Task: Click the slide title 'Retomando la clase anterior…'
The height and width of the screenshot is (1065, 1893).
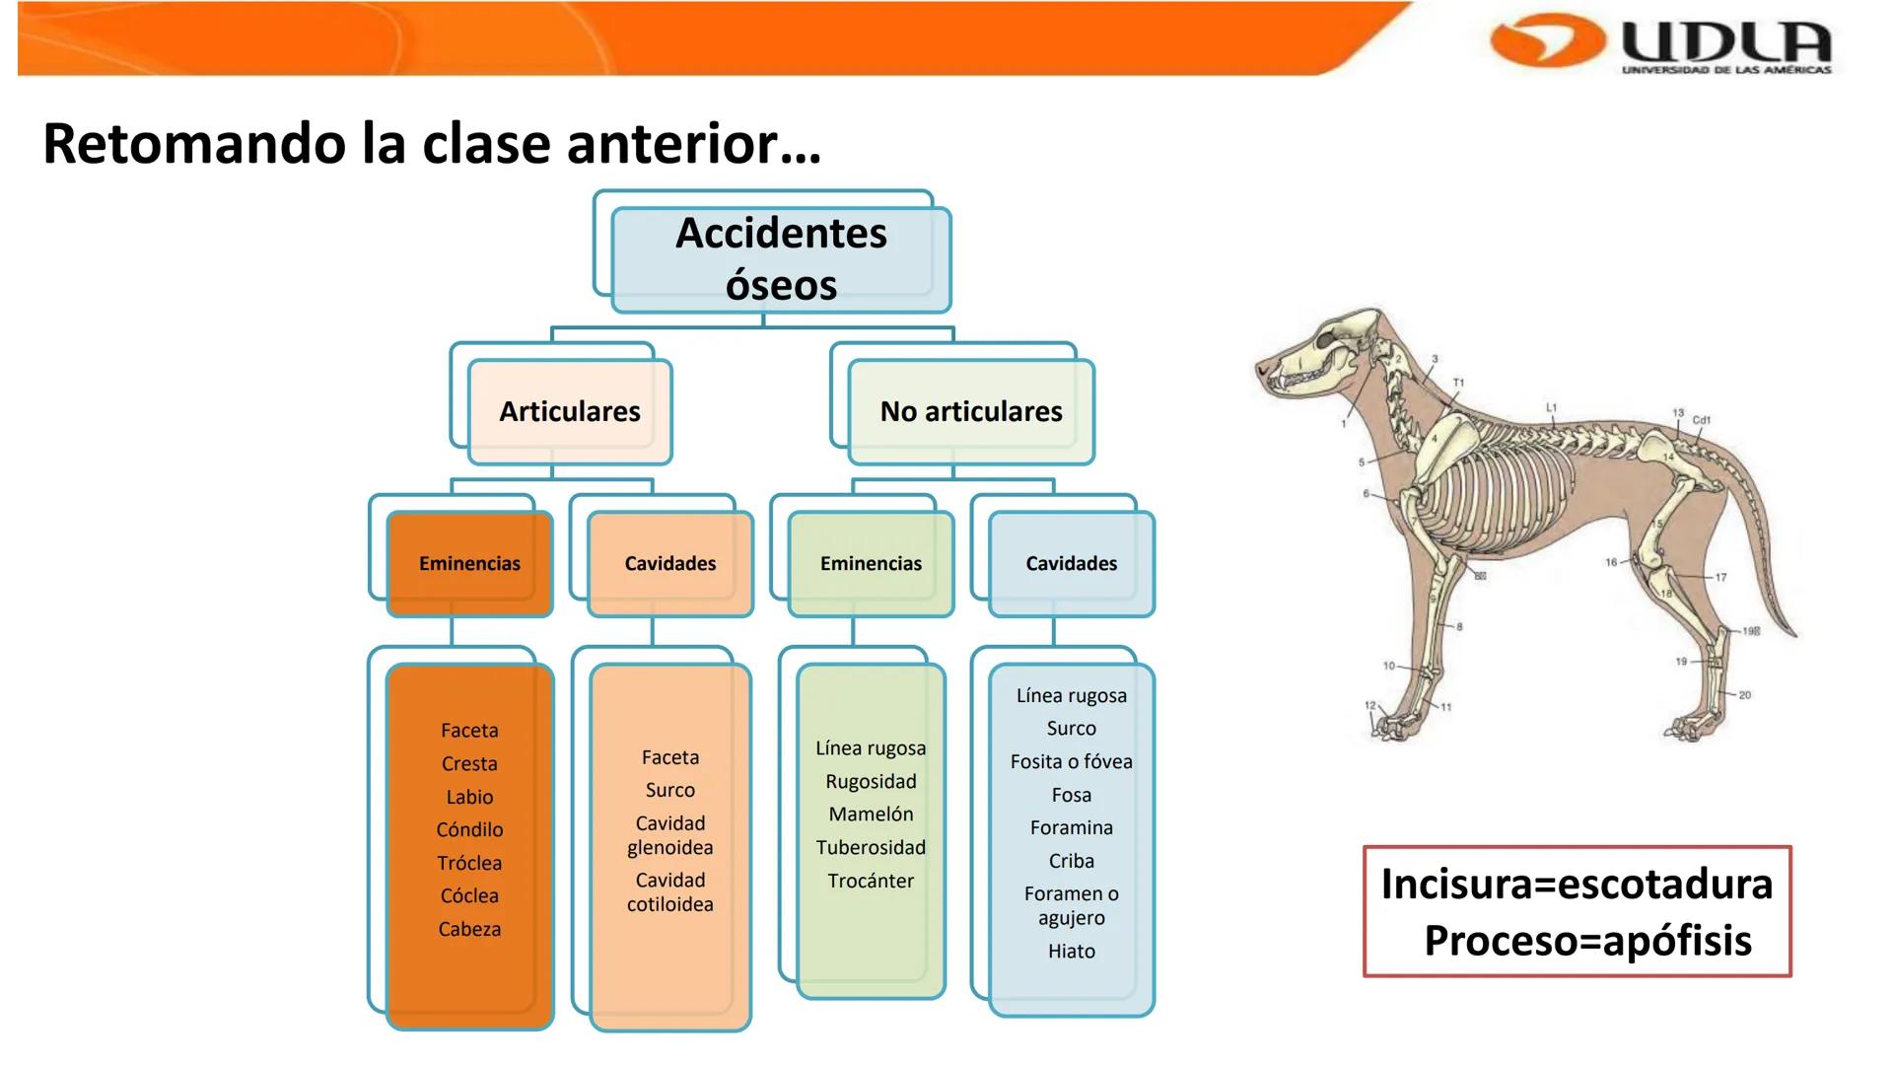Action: point(432,144)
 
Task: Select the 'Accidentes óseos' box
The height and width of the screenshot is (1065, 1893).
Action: point(781,259)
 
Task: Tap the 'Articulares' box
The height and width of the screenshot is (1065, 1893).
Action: point(570,411)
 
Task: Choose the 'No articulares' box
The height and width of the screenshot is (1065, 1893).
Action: point(971,411)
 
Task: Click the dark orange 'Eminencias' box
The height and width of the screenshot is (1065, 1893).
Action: point(469,564)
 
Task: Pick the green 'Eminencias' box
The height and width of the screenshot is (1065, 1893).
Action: point(871,564)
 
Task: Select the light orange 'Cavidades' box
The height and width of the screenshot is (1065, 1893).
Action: point(670,564)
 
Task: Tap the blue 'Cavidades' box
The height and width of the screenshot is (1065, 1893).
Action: point(1071,564)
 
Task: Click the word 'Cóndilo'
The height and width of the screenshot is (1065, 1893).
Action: point(469,830)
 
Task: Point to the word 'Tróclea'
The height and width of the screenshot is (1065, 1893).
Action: point(469,864)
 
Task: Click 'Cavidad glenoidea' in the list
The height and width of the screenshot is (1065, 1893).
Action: point(670,835)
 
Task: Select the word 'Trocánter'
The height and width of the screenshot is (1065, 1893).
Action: point(871,882)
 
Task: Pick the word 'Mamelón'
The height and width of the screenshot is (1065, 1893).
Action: point(871,815)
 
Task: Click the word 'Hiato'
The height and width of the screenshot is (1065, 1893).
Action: point(1072,952)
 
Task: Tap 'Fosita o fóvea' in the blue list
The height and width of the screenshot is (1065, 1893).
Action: point(1072,762)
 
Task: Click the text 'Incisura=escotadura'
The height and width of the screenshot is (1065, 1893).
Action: point(1577,885)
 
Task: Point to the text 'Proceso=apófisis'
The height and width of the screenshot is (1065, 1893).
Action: point(1587,942)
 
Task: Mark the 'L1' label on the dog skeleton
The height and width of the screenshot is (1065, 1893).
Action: point(1551,407)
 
